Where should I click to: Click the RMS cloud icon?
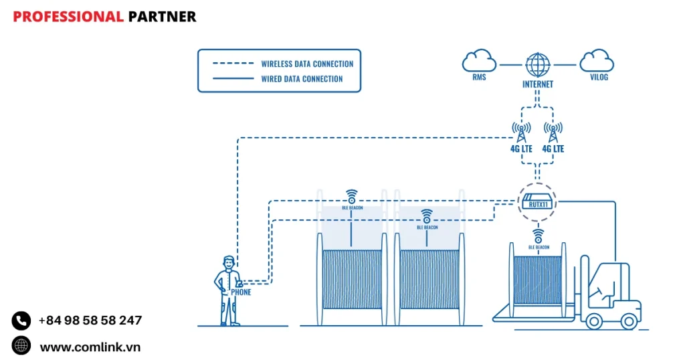click(x=479, y=62)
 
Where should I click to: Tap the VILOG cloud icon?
click(x=596, y=61)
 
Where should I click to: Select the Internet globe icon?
click(x=537, y=65)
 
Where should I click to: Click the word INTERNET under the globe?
click(x=537, y=84)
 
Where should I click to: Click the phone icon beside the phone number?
click(x=21, y=321)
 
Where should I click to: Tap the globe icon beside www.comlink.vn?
click(x=21, y=345)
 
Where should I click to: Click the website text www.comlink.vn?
click(x=90, y=347)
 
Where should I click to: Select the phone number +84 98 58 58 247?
click(x=90, y=321)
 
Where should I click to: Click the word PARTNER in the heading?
click(x=162, y=17)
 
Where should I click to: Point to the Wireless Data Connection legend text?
click(x=307, y=64)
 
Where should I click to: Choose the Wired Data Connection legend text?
click(x=302, y=79)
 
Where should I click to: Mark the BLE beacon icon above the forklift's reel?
click(x=538, y=236)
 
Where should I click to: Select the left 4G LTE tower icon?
click(x=521, y=130)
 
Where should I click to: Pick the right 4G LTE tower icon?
click(x=553, y=130)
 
